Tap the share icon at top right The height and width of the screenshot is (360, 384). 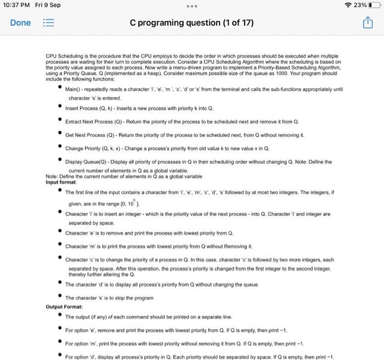point(366,23)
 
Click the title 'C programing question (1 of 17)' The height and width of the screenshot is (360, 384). point(191,23)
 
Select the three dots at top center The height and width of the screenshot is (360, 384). point(191,5)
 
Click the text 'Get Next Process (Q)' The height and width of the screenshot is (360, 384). point(88,134)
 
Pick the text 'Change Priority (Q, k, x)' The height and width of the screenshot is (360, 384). point(93,148)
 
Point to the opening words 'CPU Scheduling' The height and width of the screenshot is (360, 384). point(60,57)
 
